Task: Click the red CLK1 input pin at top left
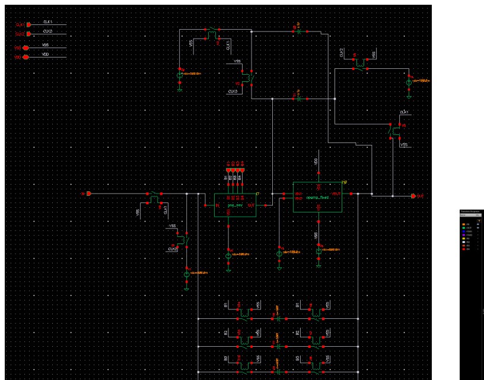(27, 24)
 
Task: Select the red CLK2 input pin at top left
(27, 34)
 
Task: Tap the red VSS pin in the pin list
(26, 47)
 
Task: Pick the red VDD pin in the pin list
(26, 57)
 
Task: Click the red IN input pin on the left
(88, 194)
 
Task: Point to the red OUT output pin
(413, 196)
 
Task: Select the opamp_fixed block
(317, 197)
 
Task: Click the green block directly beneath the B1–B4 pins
(235, 205)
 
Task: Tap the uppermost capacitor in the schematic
(299, 29)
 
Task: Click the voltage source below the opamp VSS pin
(319, 251)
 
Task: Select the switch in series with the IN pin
(155, 195)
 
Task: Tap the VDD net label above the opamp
(316, 161)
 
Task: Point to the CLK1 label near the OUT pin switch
(405, 112)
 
